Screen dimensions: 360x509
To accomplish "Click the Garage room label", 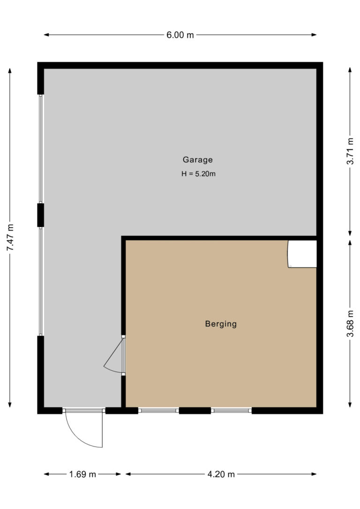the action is point(197,160).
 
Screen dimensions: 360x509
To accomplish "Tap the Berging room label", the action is point(221,324).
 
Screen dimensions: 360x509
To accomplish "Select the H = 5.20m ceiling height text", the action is point(198,174).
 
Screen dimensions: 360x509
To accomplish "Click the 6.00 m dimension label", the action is point(180,35).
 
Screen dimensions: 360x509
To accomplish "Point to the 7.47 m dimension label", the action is point(10,237).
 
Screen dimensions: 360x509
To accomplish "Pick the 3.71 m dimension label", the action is point(350,151).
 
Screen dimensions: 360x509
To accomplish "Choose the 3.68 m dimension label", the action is point(350,324).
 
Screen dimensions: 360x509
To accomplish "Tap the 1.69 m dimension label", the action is point(82,474).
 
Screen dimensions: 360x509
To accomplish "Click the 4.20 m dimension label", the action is point(221,474).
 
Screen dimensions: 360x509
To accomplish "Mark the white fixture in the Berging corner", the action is point(302,254).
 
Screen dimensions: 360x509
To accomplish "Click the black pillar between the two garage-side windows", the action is point(41,215).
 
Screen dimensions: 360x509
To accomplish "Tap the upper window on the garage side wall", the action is point(41,149).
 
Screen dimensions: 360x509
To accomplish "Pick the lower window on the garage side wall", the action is point(41,281).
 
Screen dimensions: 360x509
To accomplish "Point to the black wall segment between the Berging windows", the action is point(195,411).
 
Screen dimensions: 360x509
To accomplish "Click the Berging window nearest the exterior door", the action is point(158,411).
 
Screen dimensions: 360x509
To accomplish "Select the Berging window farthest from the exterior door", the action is point(232,411).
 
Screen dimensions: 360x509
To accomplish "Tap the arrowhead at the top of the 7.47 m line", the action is point(10,70).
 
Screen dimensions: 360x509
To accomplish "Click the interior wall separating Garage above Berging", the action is point(219,238).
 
